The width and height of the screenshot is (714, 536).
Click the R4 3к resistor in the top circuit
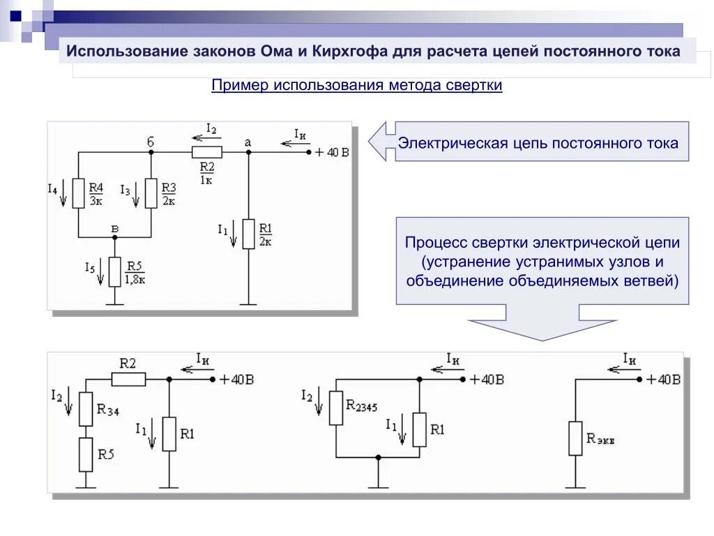pos(78,193)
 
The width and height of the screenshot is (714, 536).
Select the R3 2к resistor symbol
pos(151,193)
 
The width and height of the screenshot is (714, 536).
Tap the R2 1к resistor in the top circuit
pos(207,152)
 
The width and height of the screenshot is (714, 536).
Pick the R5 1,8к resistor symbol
pos(115,271)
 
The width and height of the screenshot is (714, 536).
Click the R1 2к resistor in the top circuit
pos(249,234)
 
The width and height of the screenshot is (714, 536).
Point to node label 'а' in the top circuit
pos(248,142)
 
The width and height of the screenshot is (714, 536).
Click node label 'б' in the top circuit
pos(151,142)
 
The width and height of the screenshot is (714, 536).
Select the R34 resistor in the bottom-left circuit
pos(86,409)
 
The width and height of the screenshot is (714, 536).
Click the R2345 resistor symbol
pos(336,408)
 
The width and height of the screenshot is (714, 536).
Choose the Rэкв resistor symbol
pos(575,438)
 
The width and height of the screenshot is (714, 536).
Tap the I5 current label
pos(89,267)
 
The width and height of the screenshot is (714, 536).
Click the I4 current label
pos(53,188)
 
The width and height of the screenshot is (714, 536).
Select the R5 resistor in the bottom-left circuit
pos(86,454)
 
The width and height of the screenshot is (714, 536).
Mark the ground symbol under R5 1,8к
pos(115,302)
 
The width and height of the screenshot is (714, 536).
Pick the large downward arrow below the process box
pos(542,329)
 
